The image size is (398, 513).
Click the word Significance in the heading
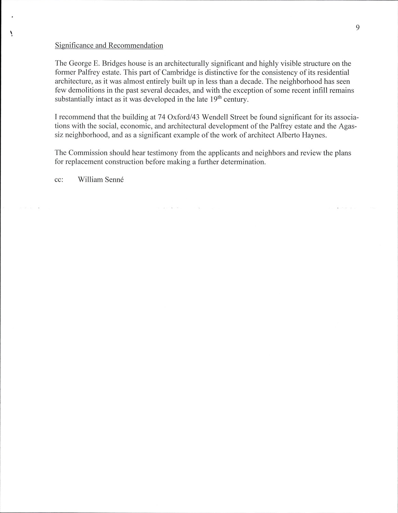click(72, 45)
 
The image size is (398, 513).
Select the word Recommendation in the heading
click(136, 45)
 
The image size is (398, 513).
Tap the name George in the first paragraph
click(80, 64)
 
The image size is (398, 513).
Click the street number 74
click(162, 117)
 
